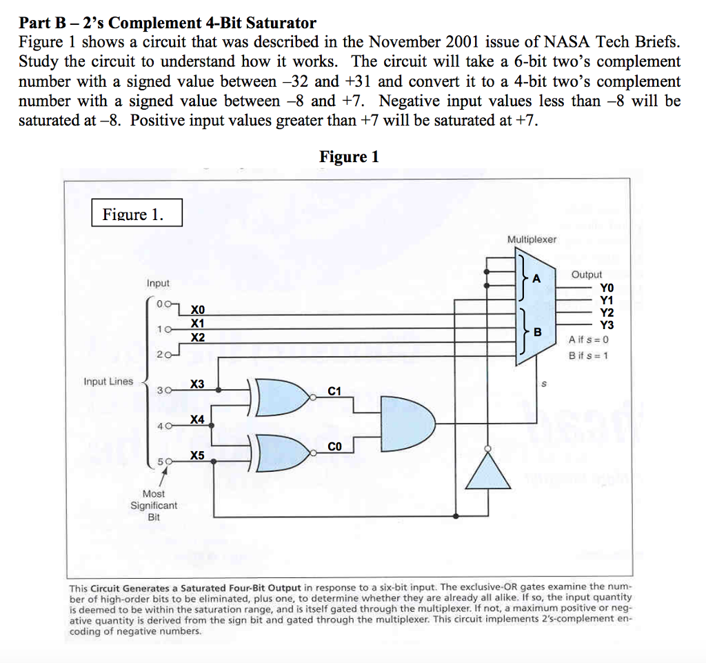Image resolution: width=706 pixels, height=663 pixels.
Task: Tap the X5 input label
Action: point(198,455)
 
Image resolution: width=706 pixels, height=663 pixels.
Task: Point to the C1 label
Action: point(334,391)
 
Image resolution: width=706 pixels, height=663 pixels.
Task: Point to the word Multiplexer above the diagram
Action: point(532,239)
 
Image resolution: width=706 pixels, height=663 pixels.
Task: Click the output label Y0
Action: point(606,288)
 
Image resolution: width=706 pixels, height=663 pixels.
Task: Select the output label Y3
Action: point(606,325)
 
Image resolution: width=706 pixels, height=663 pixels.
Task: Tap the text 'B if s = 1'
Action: point(588,355)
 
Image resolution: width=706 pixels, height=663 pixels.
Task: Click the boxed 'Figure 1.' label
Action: point(137,214)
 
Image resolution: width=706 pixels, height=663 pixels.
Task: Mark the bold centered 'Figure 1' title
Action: point(349,157)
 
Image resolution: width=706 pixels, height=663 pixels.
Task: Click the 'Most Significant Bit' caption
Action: point(154,505)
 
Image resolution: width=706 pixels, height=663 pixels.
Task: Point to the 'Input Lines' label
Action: point(108,382)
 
